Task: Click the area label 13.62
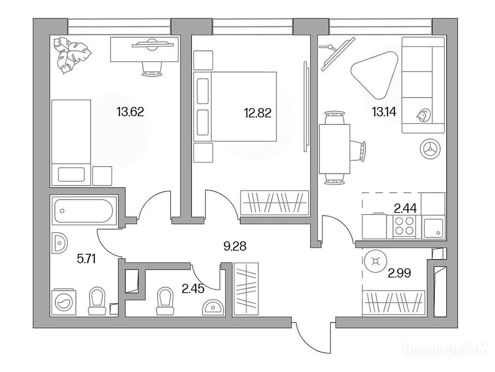(x=130, y=112)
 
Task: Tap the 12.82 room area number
(x=258, y=112)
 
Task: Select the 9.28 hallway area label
(x=235, y=246)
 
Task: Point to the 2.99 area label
(x=399, y=273)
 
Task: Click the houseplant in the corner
(x=72, y=54)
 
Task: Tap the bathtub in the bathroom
(x=84, y=211)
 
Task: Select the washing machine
(x=63, y=302)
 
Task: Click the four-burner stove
(x=405, y=226)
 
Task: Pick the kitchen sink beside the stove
(x=433, y=228)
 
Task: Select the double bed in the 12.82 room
(x=235, y=106)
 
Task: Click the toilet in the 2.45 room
(x=165, y=301)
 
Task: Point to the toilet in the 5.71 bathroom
(x=97, y=301)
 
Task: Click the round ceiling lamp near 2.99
(x=375, y=261)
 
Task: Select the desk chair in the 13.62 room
(x=152, y=69)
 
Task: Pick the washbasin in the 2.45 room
(x=213, y=307)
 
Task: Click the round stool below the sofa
(x=430, y=148)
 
